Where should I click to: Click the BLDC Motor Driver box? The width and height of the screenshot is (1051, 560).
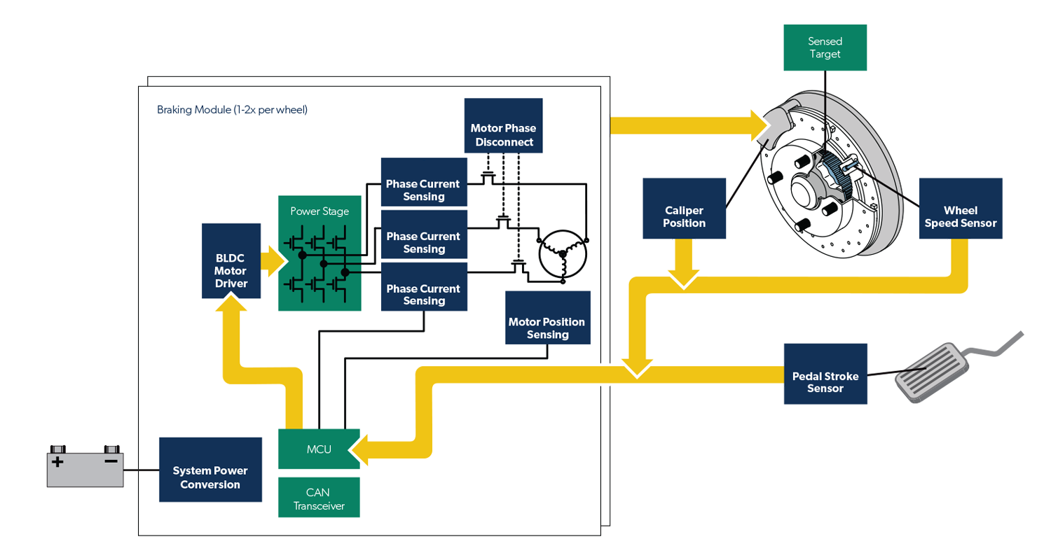click(x=231, y=260)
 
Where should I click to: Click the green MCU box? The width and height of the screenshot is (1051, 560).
click(x=319, y=449)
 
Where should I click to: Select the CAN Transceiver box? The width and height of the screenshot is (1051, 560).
click(x=319, y=498)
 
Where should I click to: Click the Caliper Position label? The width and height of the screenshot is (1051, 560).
click(x=684, y=216)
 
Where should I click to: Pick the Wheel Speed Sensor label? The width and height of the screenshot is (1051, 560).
click(x=960, y=216)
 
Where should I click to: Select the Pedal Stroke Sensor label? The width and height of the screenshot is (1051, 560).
click(x=825, y=381)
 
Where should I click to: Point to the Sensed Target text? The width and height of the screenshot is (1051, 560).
click(x=824, y=48)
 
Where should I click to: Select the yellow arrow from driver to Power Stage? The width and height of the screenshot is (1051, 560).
click(x=273, y=260)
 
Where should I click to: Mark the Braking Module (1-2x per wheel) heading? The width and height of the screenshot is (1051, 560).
click(x=232, y=110)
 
